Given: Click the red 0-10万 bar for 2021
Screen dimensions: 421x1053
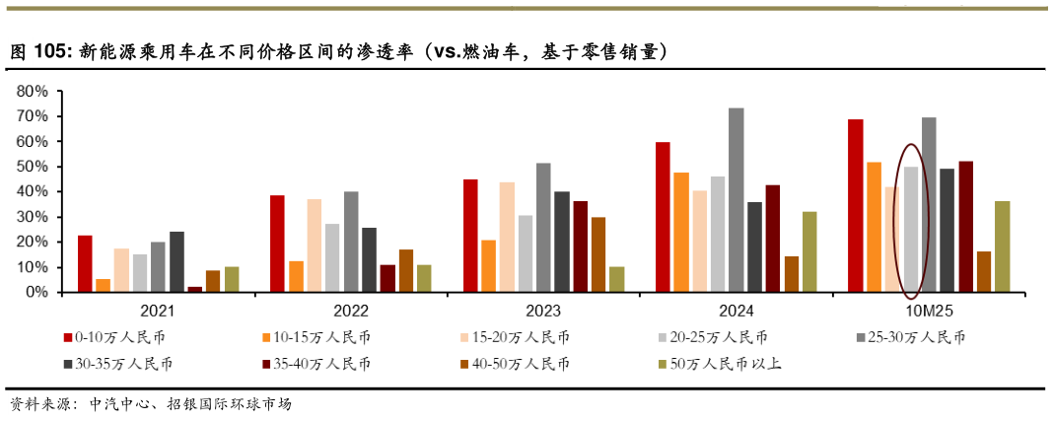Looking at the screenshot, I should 85,264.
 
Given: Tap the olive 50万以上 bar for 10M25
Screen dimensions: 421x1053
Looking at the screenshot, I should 1002,246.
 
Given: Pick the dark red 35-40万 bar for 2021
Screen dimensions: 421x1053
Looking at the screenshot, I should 194,290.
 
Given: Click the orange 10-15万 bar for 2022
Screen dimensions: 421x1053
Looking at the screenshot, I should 295,277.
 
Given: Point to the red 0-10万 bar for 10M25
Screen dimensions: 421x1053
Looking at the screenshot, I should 855,206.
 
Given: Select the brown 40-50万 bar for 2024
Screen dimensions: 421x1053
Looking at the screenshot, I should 791,274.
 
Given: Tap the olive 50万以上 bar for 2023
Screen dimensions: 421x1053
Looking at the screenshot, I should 616,280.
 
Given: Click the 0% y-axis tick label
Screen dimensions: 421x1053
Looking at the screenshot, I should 35,293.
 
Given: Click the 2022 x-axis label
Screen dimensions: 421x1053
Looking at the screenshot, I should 351,310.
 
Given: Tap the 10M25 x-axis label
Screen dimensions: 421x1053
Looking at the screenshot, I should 928,310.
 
